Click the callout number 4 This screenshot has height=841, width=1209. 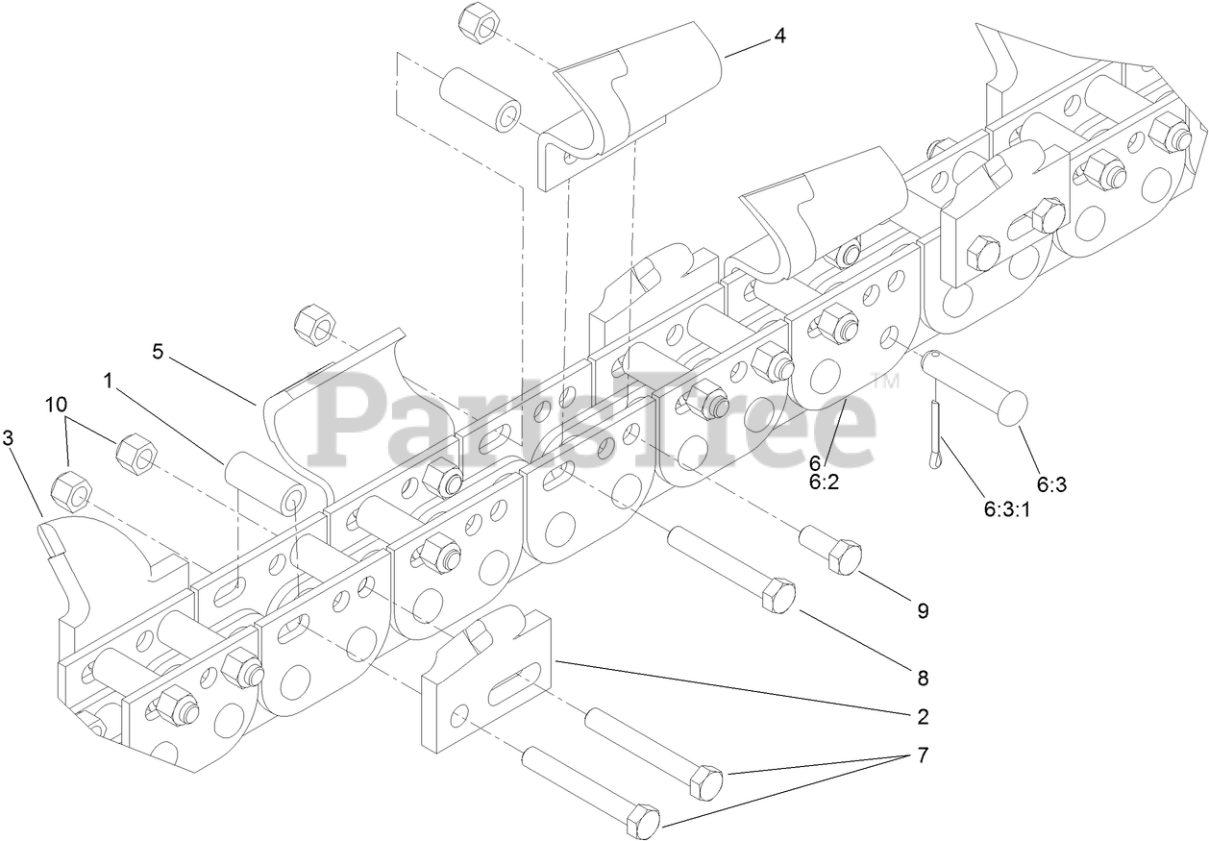[x=779, y=37]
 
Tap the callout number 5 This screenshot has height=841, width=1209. [x=158, y=351]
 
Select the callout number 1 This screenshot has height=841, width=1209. [x=109, y=381]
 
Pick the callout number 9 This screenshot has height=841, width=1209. [x=923, y=610]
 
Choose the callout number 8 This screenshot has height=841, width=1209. [x=923, y=678]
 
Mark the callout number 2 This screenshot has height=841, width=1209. [x=923, y=716]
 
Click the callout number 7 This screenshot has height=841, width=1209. [x=923, y=754]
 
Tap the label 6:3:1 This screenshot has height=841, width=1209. [x=1006, y=510]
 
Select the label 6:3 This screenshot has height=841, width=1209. [x=1051, y=484]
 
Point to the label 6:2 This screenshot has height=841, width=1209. [x=824, y=482]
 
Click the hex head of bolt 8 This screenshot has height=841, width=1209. [x=778, y=596]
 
